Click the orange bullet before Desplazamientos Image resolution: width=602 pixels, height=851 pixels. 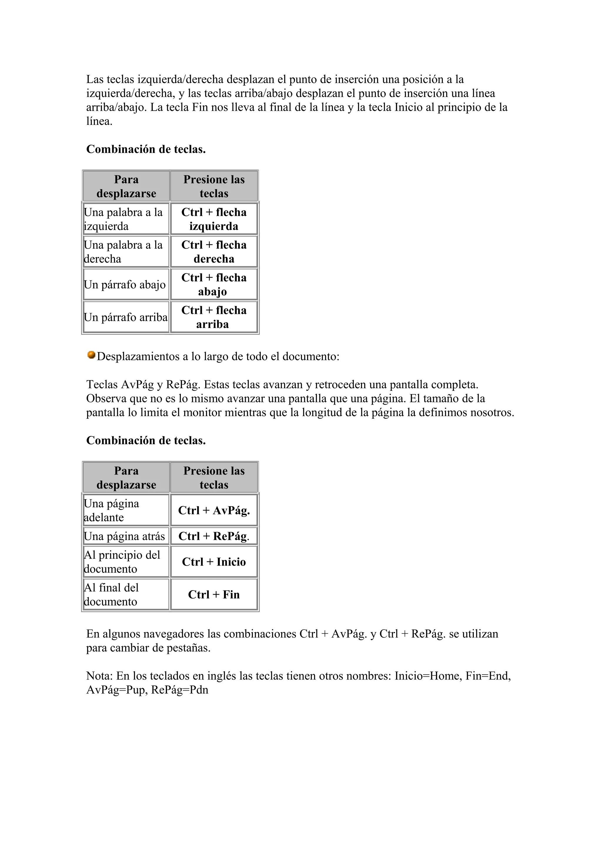91,355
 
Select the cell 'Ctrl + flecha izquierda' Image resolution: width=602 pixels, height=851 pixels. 214,219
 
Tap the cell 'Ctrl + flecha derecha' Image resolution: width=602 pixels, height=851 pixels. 214,252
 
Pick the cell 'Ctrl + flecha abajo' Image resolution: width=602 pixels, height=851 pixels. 214,284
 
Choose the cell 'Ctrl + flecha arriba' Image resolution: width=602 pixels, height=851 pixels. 214,317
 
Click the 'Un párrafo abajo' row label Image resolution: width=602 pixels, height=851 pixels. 125,285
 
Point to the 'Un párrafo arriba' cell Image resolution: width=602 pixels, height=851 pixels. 126,317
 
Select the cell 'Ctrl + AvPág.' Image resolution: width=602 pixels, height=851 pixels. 214,510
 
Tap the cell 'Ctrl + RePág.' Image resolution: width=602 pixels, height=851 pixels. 214,536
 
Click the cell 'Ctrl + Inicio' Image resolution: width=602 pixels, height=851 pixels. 214,561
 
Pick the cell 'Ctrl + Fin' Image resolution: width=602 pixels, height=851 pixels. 214,594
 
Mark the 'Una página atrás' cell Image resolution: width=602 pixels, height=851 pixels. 125,536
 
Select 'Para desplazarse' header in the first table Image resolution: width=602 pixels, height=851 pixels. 126,186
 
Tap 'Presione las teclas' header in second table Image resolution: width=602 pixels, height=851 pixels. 214,478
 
